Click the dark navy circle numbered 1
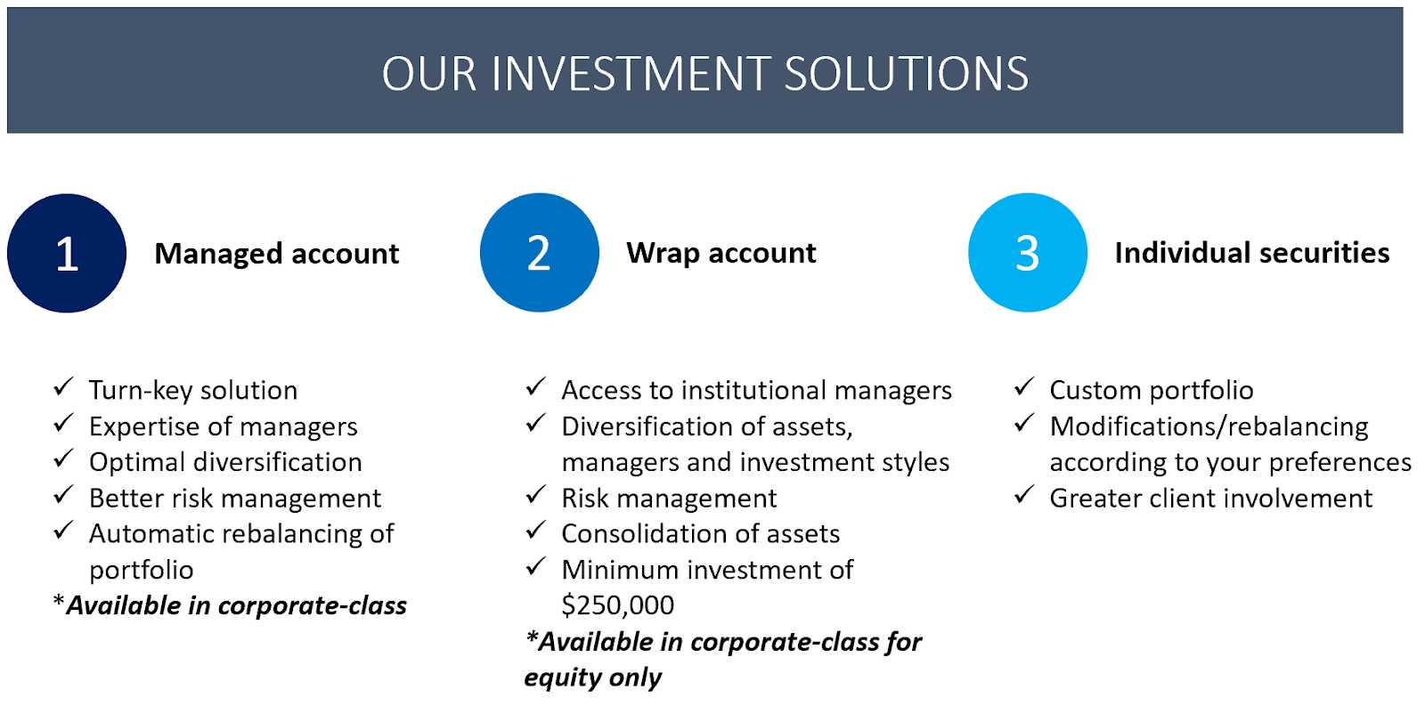coord(67,253)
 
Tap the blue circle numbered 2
coord(540,253)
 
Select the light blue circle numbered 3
coord(1028,253)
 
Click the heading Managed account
coord(277,254)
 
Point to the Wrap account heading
coord(721,254)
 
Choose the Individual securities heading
coord(1252,253)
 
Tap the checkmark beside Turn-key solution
coord(63,386)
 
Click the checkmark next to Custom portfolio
coord(1023,386)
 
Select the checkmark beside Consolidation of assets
coord(536,531)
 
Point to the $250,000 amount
coord(618,605)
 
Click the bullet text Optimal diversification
coord(225,462)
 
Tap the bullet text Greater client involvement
coord(1211,499)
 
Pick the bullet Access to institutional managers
coord(756,390)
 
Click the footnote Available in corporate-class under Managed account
coord(231,606)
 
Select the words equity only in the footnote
coord(593,677)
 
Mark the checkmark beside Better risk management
coord(63,495)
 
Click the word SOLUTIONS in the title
coord(907,74)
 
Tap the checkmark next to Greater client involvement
coord(1023,495)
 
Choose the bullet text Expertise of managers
coord(224,426)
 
